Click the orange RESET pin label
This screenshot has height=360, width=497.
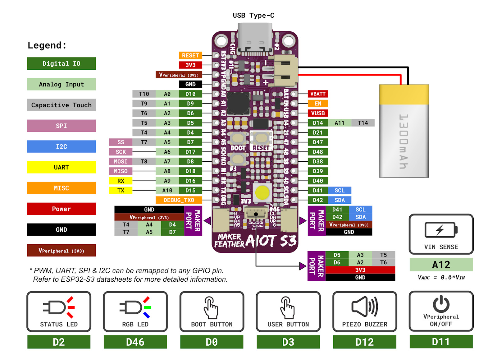190,55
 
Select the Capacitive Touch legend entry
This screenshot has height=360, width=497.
61,105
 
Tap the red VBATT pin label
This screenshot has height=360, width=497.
318,94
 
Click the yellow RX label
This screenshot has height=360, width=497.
121,181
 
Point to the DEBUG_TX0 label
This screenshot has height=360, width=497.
179,200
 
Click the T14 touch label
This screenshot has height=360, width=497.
362,123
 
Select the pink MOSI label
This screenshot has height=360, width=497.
121,161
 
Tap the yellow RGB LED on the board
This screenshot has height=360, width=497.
262,192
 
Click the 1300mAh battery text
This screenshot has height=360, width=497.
404,141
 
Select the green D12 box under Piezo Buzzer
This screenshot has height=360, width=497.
364,342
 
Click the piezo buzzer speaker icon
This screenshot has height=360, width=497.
364,306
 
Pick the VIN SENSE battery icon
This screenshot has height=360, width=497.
441,230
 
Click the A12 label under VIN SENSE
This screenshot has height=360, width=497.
441,265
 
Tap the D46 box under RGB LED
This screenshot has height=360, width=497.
135,342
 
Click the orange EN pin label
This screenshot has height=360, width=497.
318,104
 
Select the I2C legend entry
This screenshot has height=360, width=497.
61,146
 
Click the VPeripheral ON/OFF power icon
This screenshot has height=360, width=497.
441,304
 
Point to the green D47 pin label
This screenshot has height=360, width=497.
318,142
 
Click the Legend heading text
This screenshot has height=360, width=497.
47,45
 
